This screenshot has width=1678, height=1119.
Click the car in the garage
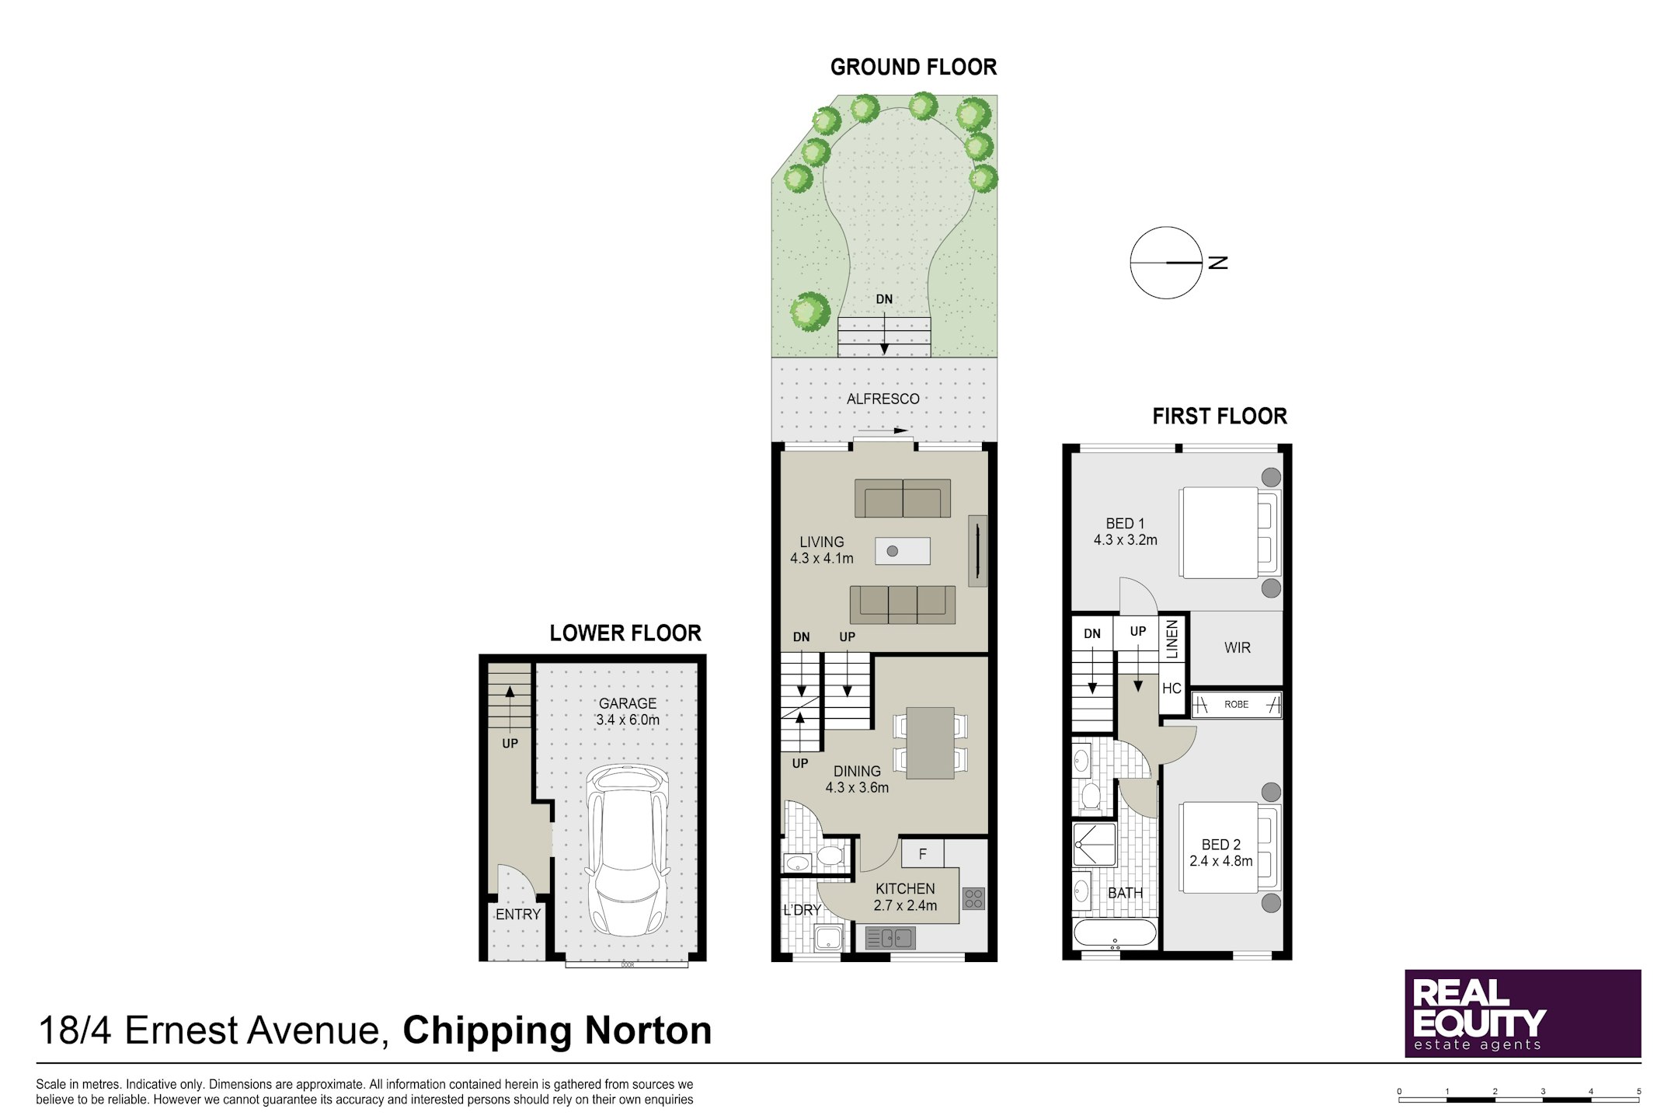click(627, 850)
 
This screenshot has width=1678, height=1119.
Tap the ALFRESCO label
click(883, 399)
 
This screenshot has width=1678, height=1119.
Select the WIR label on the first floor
click(1237, 647)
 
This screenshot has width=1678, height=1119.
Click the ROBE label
click(1236, 705)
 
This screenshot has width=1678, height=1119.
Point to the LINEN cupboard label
click(1172, 639)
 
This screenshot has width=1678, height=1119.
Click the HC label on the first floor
click(1171, 688)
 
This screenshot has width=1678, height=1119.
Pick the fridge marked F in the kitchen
click(923, 853)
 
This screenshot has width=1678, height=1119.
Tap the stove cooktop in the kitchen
click(973, 898)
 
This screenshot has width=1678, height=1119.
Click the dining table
click(931, 743)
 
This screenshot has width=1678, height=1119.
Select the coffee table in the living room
click(903, 551)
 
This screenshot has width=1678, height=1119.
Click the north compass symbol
click(1166, 263)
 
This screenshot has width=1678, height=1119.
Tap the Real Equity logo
click(1523, 1013)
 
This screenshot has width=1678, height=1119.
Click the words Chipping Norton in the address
click(557, 1030)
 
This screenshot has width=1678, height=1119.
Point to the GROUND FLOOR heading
click(914, 68)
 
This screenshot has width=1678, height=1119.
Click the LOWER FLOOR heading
click(625, 633)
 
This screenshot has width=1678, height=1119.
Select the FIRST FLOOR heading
click(1220, 417)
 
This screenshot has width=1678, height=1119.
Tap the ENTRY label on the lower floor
click(518, 915)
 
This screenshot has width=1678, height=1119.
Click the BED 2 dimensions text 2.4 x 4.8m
click(1221, 861)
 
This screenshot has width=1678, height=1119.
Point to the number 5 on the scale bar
click(1639, 1091)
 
